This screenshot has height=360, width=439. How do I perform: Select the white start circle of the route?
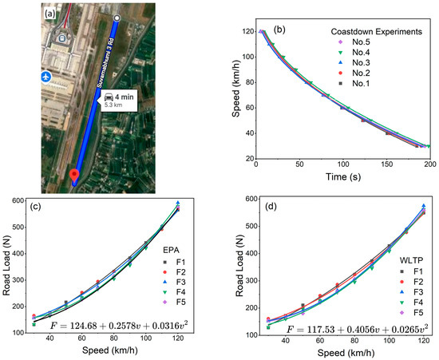[117, 17]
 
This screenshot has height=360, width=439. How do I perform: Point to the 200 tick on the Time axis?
[430, 164]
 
